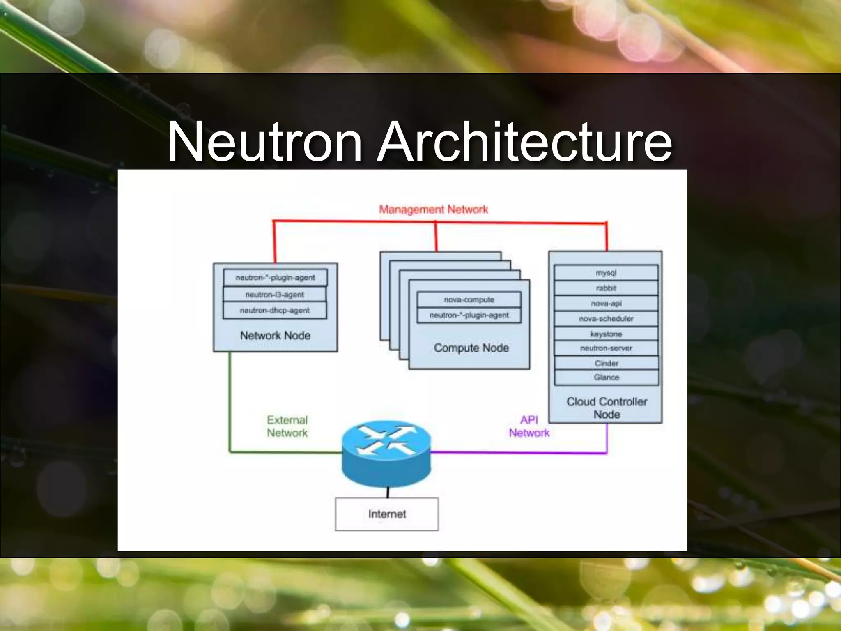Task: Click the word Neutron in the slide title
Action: tap(265, 142)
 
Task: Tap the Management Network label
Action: tap(433, 210)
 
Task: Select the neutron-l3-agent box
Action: tap(275, 295)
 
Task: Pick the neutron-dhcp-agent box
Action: tap(275, 310)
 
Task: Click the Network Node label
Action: tap(275, 335)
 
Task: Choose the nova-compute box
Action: tap(469, 299)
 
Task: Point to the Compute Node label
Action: tap(471, 348)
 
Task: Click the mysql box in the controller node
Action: tap(606, 273)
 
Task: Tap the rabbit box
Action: tap(606, 288)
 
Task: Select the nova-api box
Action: tap(606, 303)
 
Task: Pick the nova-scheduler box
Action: tap(606, 318)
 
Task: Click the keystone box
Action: tap(606, 334)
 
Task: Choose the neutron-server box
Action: tap(606, 348)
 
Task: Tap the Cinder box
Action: tap(606, 363)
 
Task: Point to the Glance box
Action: tap(606, 377)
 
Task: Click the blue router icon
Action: tap(386, 452)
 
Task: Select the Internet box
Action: tap(387, 514)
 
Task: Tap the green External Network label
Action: tap(287, 426)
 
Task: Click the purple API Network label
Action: tap(529, 426)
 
